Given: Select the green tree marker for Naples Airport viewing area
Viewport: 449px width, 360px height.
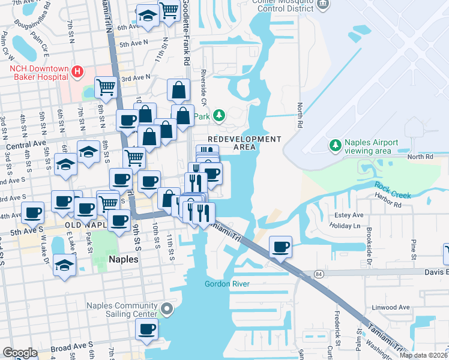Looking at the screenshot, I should click(335, 145).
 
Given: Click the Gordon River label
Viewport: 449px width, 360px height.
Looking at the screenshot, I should click(226, 284).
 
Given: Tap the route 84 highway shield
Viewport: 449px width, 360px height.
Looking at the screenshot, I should click(318, 274).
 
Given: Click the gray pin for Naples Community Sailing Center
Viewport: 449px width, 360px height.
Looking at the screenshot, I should click(166, 309).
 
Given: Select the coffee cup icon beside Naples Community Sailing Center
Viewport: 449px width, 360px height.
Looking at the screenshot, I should click(146, 328).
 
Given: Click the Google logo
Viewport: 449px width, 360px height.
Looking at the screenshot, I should click(20, 353).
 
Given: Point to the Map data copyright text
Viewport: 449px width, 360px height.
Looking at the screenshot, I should click(424, 355).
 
